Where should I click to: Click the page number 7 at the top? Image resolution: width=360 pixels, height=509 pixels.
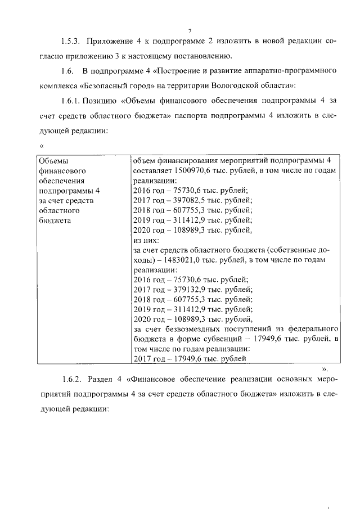190,30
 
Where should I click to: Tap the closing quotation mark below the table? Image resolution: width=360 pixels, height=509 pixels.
325,370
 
